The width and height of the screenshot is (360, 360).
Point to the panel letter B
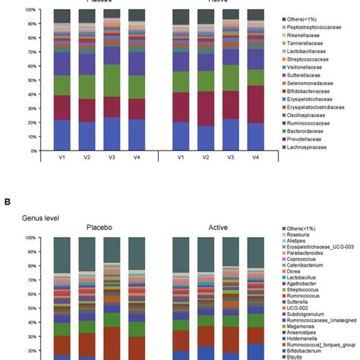[7, 202]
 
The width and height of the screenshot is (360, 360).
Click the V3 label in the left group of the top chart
[112, 157]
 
